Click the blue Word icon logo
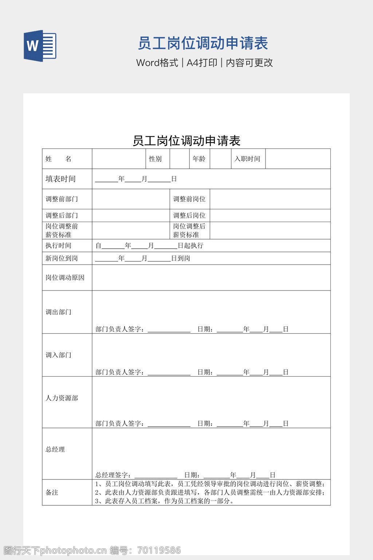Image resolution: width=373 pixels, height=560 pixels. point(40,46)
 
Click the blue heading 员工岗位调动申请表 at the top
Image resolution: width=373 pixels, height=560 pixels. point(203,43)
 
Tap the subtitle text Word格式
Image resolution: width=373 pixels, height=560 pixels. point(157,63)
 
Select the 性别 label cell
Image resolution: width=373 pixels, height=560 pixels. point(155,159)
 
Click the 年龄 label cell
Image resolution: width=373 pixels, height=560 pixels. point(199,159)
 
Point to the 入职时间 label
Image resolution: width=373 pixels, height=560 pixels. point(247,159)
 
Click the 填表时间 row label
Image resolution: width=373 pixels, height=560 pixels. point(60,179)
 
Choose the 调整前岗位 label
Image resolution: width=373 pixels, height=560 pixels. point(189,199)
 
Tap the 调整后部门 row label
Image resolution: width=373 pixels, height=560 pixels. point(62,215)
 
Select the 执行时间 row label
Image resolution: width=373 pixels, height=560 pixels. point(58,246)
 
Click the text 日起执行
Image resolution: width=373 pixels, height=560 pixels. point(190,246)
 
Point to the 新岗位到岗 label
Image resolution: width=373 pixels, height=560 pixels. point(62,258)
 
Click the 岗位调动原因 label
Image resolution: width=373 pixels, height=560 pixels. point(65,278)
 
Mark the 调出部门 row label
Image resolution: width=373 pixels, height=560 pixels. point(58,312)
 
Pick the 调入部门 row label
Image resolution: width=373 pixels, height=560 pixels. point(58,355)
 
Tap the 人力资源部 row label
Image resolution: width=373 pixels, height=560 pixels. point(62,398)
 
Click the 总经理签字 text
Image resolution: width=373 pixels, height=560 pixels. point(113,475)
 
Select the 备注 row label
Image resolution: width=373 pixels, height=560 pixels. point(52,493)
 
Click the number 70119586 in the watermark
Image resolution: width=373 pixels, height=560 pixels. point(159,550)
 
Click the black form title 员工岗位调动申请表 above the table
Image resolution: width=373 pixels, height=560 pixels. point(186,141)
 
